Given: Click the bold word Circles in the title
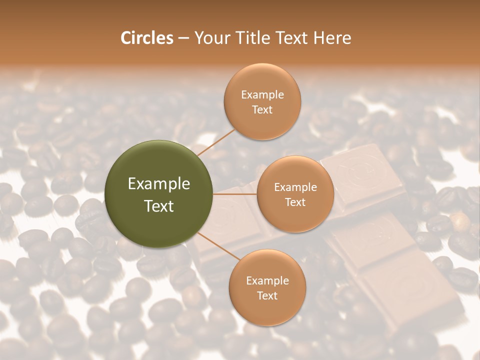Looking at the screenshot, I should pos(146,38).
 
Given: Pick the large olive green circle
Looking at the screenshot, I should pos(159,194).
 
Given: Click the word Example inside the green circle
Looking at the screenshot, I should pos(159,184).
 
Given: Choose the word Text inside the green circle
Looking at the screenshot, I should pos(159,206).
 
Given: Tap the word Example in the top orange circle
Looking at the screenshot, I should pos(262,95).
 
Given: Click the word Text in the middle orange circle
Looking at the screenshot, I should pos(295,202).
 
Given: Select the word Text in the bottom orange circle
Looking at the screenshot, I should pos(267,295).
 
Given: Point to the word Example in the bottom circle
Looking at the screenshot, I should pos(267,281).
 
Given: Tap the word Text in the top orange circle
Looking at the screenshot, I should pos(262,109).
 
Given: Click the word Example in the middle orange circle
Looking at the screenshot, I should pos(295,187).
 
